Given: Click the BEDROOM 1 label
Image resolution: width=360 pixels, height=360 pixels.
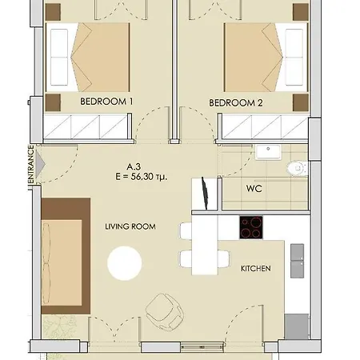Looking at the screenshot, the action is (106, 102).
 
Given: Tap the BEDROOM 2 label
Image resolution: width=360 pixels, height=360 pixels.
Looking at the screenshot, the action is (236, 102).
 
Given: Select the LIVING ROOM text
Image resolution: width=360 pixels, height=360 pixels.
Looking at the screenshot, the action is (130, 226).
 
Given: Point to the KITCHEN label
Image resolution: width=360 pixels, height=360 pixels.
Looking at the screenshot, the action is (256, 268).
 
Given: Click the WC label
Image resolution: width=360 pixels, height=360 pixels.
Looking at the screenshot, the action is (254, 189).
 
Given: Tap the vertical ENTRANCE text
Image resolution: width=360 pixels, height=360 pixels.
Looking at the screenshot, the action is (31, 164).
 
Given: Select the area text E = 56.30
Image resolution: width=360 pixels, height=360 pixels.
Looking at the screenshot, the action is (142, 177).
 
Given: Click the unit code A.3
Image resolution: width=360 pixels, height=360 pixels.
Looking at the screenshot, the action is (134, 167).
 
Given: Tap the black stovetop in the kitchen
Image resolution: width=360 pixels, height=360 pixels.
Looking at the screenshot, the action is (251, 227).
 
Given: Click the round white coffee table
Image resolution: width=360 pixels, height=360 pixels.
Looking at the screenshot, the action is (125, 263).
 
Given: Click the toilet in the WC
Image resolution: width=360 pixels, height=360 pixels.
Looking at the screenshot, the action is (298, 168).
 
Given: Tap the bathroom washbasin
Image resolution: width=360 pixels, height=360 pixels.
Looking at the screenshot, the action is (268, 152).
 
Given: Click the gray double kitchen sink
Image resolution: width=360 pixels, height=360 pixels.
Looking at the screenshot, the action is (297, 261).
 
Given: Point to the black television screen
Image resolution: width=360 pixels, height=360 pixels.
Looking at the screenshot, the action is (205, 193).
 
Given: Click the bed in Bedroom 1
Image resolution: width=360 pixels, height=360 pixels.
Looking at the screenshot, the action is (88, 58).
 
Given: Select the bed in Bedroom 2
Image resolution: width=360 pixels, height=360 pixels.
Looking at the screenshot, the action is (266, 58).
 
